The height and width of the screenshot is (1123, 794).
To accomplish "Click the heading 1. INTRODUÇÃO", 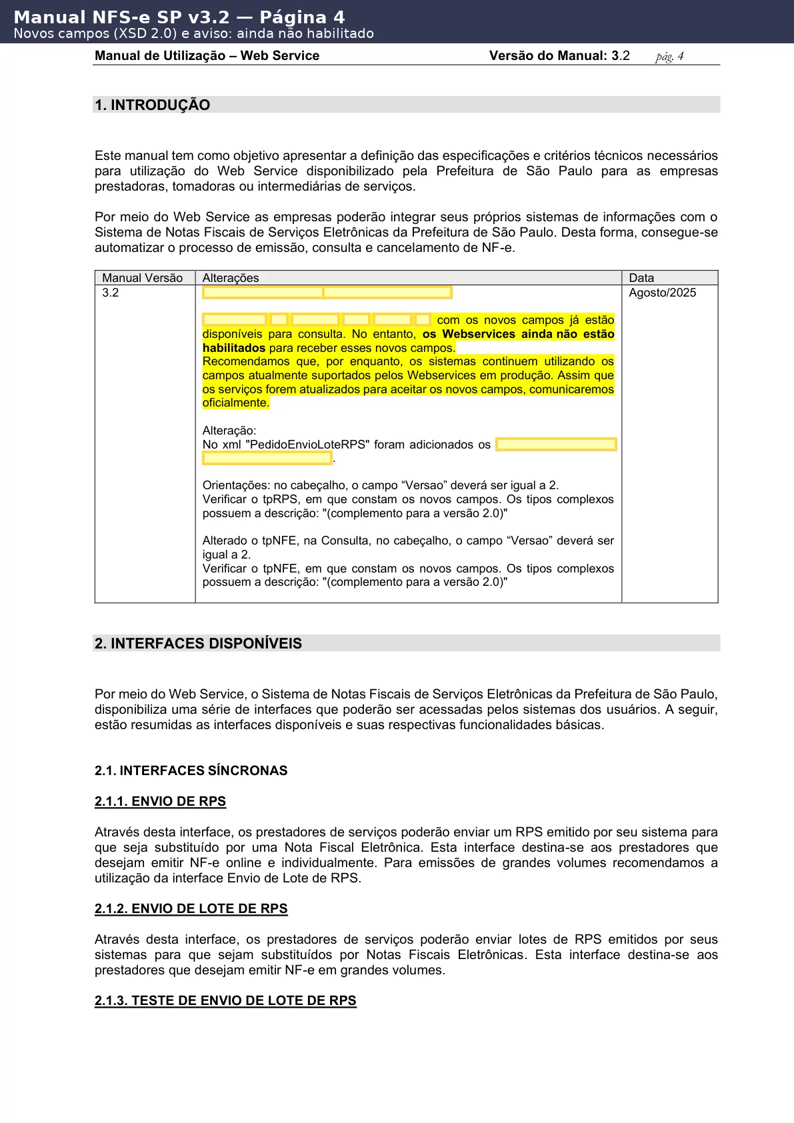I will click(152, 105).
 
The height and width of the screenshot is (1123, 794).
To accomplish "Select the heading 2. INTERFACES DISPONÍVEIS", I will click(198, 643).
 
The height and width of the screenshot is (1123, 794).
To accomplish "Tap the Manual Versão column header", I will click(142, 278).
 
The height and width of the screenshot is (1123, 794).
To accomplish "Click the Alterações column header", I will click(231, 278).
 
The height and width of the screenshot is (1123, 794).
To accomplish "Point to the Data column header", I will click(641, 278).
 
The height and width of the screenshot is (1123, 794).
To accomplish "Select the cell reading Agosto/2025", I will click(662, 293).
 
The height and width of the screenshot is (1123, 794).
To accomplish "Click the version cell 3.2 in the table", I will click(111, 293).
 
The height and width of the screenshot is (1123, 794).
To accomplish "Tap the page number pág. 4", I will click(669, 56).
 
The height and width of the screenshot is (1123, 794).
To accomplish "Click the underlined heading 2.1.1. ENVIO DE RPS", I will click(160, 801).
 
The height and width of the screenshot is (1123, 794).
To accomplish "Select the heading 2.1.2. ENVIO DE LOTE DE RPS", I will click(191, 908).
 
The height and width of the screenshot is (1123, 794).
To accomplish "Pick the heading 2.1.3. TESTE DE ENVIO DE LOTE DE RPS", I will click(225, 1000).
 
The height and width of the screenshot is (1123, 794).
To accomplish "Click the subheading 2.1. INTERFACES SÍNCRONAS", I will click(191, 770).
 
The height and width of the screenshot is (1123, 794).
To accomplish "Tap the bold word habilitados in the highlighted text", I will click(234, 348).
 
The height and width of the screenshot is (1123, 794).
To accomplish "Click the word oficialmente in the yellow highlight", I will click(235, 403).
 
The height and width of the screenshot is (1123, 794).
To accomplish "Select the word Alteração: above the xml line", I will click(229, 431).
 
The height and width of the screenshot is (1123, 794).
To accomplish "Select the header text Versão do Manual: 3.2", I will click(559, 56).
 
